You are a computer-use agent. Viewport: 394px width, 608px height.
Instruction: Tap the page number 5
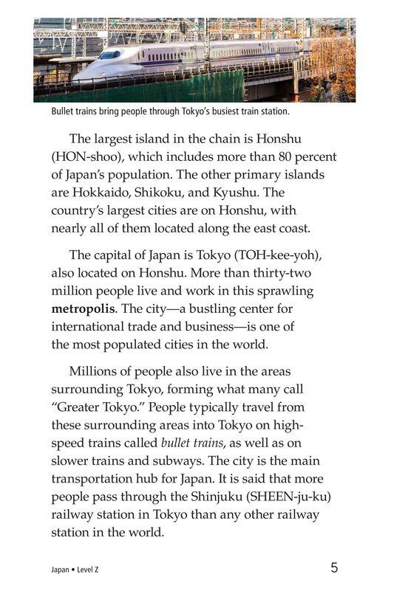pyautogui.click(x=335, y=567)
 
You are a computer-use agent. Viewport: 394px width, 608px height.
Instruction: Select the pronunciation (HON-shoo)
pyautogui.click(x=87, y=156)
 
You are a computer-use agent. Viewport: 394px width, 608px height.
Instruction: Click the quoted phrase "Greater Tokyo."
pyautogui.click(x=95, y=407)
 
